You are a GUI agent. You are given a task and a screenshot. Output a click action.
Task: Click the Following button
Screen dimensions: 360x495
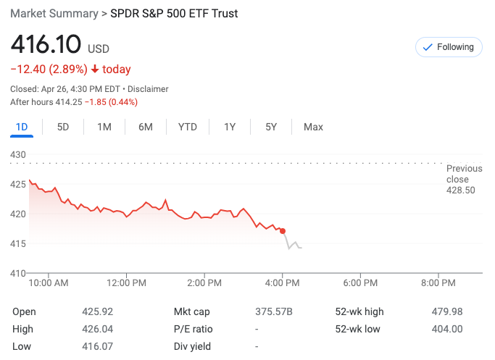point(449,47)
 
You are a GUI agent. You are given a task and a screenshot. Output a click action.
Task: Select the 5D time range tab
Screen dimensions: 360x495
point(63,127)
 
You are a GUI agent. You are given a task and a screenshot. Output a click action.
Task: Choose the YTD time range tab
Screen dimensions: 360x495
point(187,127)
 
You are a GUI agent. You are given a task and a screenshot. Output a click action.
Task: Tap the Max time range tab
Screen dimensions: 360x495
point(313,127)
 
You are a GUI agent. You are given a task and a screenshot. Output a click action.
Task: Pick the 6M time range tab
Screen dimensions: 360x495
point(146,127)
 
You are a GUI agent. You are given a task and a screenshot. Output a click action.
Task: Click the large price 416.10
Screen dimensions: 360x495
point(45,45)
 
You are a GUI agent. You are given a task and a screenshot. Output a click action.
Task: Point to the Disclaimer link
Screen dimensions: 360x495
point(148,89)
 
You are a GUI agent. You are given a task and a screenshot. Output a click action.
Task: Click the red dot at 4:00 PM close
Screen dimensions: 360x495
point(283,231)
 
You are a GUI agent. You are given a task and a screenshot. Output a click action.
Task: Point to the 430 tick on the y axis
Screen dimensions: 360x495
point(18,155)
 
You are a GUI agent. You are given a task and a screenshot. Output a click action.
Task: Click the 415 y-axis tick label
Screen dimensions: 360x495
point(18,243)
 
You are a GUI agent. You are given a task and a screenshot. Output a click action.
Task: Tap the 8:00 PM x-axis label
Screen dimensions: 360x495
point(438,282)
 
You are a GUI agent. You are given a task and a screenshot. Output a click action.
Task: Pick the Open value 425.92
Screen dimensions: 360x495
point(97,311)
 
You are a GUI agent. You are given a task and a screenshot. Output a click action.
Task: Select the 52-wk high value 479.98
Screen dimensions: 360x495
point(446,311)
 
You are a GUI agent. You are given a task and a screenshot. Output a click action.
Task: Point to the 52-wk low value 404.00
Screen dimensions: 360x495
point(446,329)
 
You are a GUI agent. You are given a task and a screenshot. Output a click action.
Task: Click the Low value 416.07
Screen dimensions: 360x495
point(97,346)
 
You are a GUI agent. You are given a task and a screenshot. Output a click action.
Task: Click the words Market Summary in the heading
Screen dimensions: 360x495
point(53,14)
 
